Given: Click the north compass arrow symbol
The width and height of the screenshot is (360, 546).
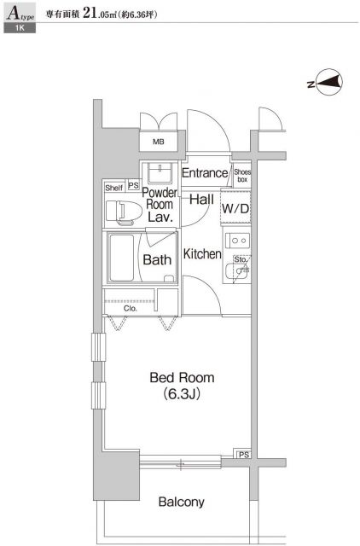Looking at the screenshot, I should (x=329, y=83).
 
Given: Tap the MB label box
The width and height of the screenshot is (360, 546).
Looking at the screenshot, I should (x=159, y=142).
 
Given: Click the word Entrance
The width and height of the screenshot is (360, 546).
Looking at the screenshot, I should (x=205, y=173).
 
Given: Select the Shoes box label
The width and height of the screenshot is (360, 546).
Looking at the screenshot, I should (x=242, y=175).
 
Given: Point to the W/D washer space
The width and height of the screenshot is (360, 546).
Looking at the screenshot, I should (x=235, y=208).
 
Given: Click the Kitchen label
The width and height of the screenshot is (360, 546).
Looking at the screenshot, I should (x=203, y=254).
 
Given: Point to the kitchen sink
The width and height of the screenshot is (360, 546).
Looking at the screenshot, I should (x=236, y=273).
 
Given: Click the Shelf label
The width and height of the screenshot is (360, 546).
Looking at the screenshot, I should (x=114, y=187).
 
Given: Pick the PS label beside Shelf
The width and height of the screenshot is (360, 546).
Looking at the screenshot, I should (x=133, y=187).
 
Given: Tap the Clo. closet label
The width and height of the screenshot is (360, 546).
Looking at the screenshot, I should (x=131, y=308).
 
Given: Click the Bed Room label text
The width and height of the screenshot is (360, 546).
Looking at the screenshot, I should (x=182, y=378).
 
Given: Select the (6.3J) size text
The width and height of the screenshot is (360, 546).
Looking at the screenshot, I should (x=182, y=396).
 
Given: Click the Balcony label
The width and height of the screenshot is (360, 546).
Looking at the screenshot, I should (x=179, y=502).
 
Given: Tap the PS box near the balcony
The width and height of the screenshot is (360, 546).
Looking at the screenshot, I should (x=244, y=454).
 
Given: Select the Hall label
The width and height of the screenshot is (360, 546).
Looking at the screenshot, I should (x=202, y=200).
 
